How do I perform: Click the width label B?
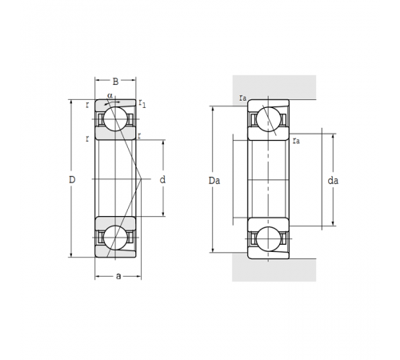[x=115, y=82]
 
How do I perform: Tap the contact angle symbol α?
[x=110, y=95]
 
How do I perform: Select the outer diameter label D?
[x=72, y=180]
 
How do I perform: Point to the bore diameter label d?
[x=162, y=180]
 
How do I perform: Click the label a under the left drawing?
[x=118, y=276]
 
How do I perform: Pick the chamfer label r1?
[x=142, y=103]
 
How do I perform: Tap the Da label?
[x=214, y=181]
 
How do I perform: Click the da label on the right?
[x=333, y=181]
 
